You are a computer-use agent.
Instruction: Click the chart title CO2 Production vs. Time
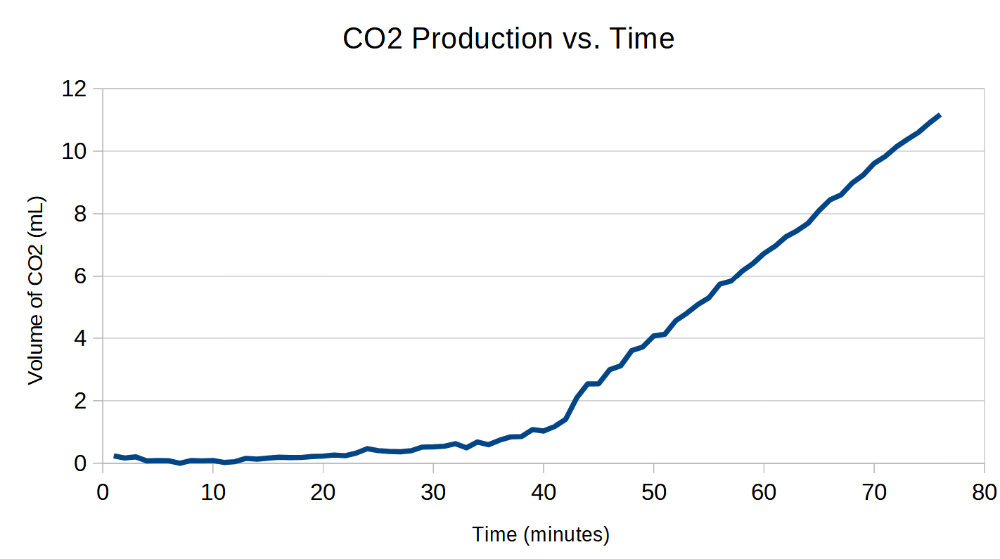click(508, 39)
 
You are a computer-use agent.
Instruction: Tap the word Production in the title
click(482, 39)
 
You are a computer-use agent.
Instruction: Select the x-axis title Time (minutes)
click(541, 534)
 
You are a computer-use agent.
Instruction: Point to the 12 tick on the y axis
click(75, 89)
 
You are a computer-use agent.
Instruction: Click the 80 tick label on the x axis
click(983, 491)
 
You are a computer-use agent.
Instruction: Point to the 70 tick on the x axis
click(873, 491)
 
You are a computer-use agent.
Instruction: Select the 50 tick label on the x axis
click(653, 491)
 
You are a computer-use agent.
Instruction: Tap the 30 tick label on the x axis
click(433, 491)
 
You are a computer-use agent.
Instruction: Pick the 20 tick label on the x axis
click(323, 491)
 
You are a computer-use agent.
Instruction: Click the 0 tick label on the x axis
click(103, 491)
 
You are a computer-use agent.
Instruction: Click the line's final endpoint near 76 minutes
click(939, 115)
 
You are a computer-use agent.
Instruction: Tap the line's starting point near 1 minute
click(115, 456)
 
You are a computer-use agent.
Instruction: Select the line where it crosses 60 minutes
click(763, 254)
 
